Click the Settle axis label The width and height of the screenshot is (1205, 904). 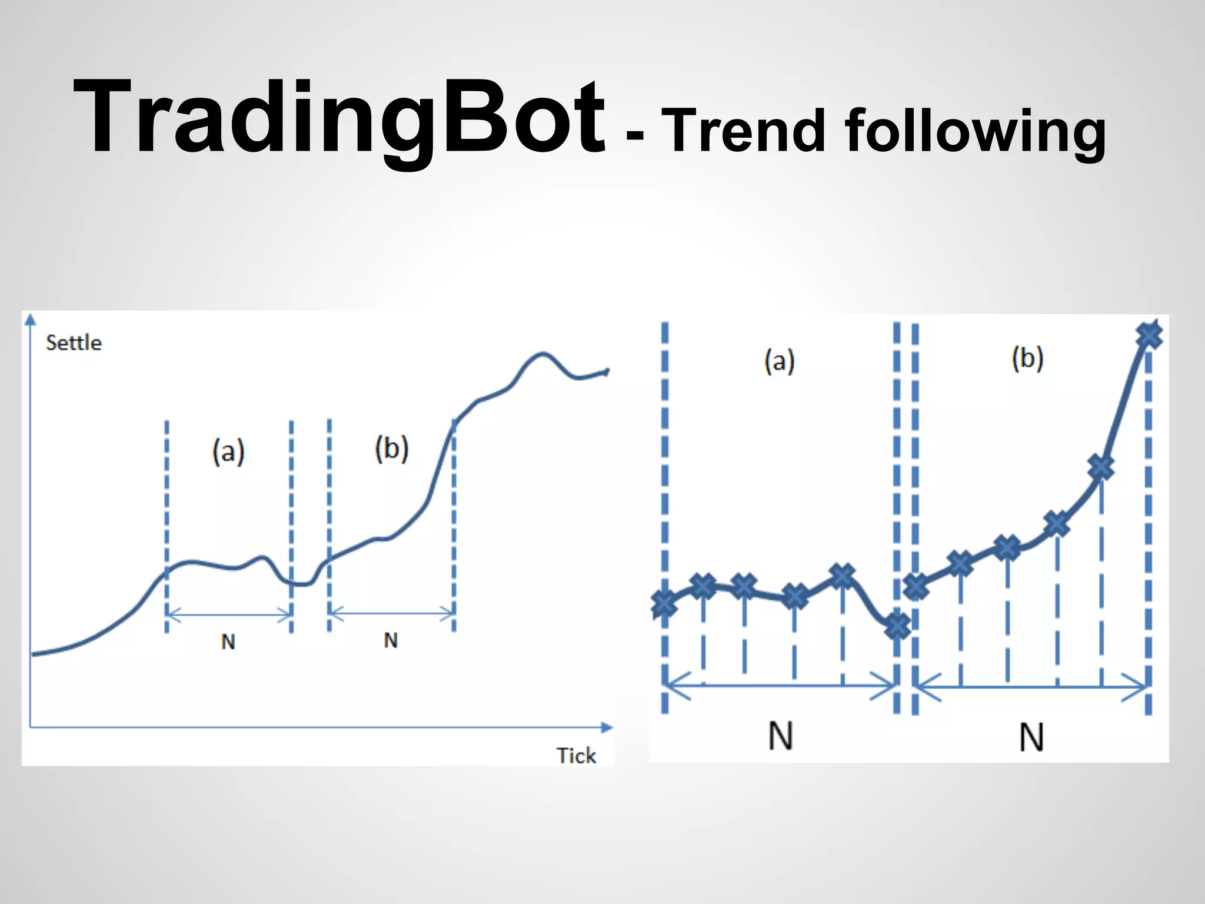(74, 343)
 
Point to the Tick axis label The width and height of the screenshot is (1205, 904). (576, 755)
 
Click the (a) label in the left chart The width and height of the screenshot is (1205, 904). (228, 452)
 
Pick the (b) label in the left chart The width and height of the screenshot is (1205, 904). (391, 448)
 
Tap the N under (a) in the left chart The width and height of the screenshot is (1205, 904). (228, 642)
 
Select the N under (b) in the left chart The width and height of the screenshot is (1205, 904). (391, 640)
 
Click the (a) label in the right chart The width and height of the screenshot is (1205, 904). (780, 360)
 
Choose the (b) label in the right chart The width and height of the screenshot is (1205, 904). (1027, 358)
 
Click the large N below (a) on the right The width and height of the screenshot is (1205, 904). (781, 736)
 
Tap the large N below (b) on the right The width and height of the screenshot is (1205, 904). (1031, 737)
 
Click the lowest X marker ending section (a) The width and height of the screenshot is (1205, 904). (897, 626)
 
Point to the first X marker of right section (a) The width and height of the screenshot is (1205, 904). (664, 603)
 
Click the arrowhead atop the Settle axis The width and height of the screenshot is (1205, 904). (31, 320)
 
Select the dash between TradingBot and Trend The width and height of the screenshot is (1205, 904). (635, 137)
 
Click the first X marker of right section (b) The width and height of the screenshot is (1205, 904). (916, 586)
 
